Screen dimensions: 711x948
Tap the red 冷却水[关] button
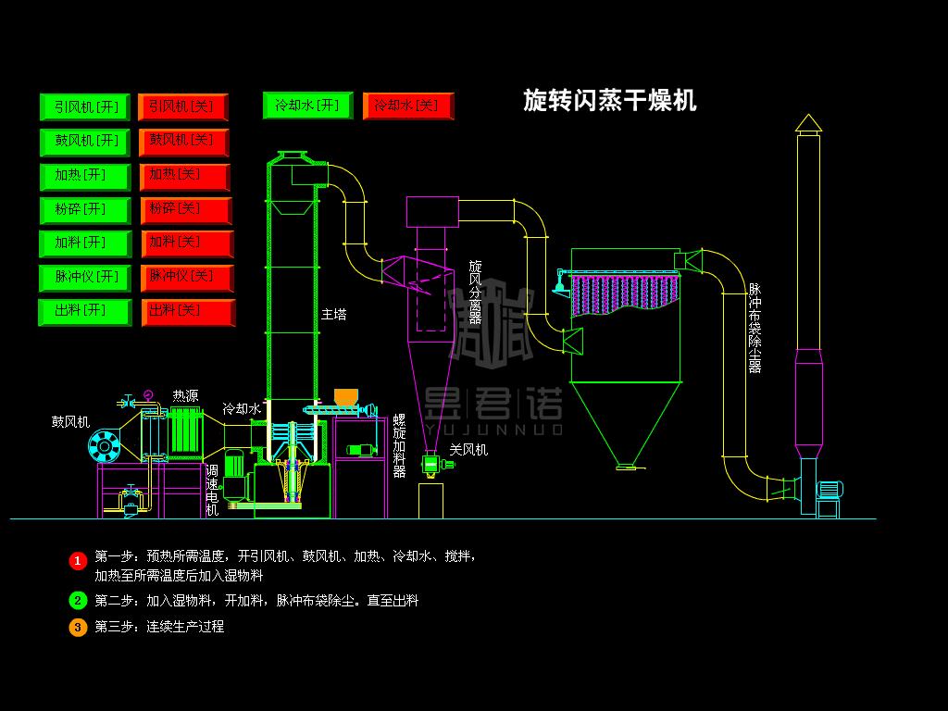407,106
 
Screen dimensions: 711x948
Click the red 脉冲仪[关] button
187,277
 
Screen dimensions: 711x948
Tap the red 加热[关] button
184,175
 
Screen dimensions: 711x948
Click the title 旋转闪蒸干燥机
609,100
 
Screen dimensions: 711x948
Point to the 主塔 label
333,315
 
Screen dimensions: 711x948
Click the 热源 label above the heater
185,396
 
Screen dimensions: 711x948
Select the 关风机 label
468,451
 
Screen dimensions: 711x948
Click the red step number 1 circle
78,560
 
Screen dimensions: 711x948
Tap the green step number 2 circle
78,600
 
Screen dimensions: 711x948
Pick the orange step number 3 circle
78,627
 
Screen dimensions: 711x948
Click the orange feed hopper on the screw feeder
345,397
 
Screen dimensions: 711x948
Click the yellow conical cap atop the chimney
808,122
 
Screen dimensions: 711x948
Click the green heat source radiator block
185,430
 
